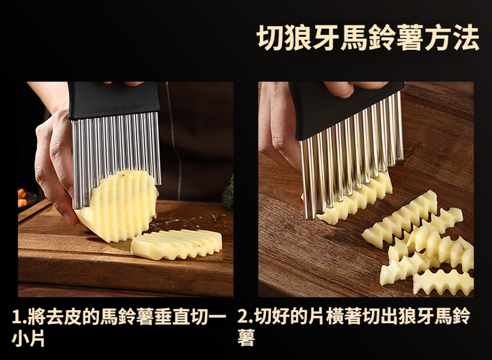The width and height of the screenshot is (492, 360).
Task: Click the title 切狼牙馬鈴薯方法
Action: tap(368, 37)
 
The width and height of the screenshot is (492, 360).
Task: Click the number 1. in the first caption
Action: tap(19, 317)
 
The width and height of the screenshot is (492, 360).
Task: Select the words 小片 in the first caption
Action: tap(28, 338)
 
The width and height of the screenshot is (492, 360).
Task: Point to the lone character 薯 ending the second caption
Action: tap(246, 338)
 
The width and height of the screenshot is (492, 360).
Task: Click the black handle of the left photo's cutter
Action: tap(113, 99)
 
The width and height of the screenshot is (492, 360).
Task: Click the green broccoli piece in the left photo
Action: tap(228, 193)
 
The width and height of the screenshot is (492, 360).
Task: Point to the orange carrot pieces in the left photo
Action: tap(22, 197)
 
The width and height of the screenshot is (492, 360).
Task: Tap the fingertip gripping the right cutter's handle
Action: tap(340, 89)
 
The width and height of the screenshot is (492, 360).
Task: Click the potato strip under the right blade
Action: tap(354, 199)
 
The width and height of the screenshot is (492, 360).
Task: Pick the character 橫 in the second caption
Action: tap(335, 317)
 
